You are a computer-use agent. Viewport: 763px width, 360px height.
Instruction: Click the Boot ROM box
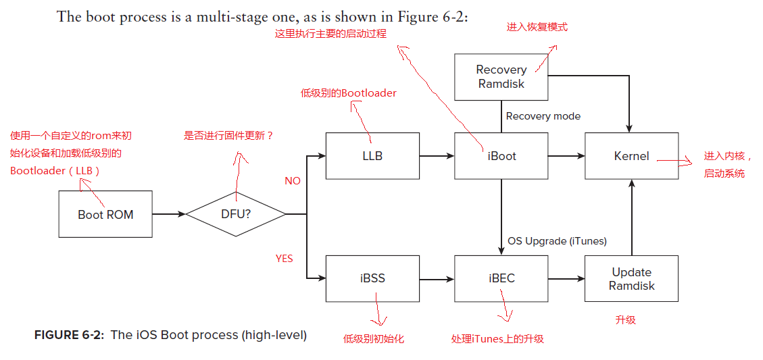click(x=105, y=214)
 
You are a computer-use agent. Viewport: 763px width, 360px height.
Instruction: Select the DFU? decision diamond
click(x=236, y=214)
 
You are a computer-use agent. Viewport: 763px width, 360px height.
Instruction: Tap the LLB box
click(x=372, y=156)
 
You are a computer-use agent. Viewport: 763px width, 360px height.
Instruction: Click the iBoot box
click(x=501, y=156)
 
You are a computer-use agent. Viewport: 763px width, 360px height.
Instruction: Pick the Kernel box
click(x=631, y=156)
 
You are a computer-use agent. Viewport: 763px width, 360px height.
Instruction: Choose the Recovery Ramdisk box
click(x=501, y=77)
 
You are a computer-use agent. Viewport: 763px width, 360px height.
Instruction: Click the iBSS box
click(x=372, y=278)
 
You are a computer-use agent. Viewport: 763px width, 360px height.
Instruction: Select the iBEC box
click(x=501, y=278)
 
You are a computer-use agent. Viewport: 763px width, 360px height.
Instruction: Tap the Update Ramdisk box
click(x=631, y=278)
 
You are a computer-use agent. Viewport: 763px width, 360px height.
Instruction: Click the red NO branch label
click(x=293, y=181)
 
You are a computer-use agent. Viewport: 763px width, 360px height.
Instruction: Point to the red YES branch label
click(x=285, y=259)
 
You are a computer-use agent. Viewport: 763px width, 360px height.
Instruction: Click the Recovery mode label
click(x=543, y=116)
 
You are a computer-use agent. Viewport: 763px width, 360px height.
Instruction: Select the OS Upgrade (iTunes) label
click(x=557, y=241)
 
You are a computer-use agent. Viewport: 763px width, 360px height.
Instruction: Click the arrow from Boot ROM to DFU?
click(x=169, y=214)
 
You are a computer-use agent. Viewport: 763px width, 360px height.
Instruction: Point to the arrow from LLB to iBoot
click(x=437, y=156)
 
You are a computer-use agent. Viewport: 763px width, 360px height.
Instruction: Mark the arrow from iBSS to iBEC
click(x=437, y=278)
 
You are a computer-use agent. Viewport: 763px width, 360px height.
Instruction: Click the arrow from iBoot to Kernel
click(x=566, y=156)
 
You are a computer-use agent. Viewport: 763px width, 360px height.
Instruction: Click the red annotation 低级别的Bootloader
click(x=349, y=93)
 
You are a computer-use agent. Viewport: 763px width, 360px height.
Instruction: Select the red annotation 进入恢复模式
click(x=537, y=27)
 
